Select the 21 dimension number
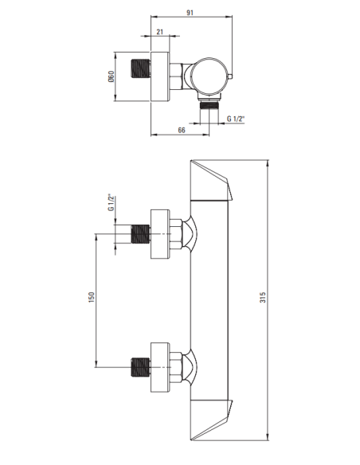tap(160, 31)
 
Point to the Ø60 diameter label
tap(112, 76)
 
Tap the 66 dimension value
tap(182, 130)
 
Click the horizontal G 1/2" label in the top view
tap(237, 119)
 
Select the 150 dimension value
tap(92, 296)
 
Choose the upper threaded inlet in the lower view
tap(140, 235)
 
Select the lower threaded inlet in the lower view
tap(140, 369)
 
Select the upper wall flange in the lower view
tap(161, 235)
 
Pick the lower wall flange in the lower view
tap(161, 369)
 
